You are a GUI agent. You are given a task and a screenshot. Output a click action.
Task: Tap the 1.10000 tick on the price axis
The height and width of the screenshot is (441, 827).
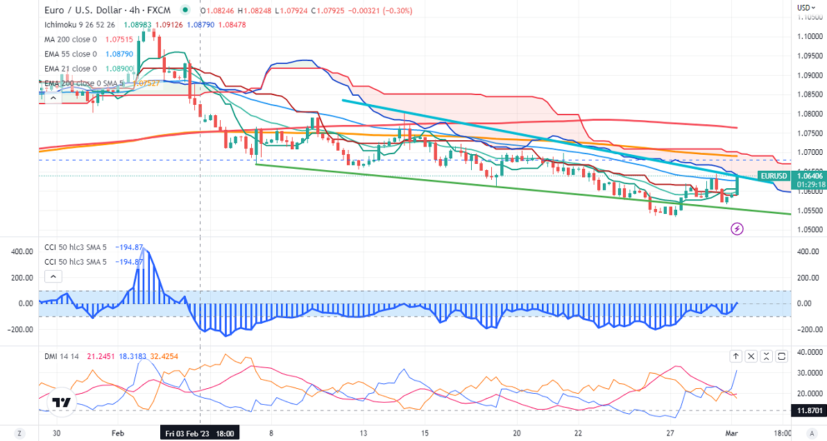tap(808, 36)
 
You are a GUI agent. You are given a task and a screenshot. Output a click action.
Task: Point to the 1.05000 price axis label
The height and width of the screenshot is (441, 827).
tap(808, 230)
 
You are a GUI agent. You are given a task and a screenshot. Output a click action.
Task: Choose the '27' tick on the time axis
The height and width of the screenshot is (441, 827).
tap(671, 433)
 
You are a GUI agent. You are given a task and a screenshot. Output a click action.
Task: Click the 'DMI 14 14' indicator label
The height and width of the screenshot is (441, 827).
tap(60, 356)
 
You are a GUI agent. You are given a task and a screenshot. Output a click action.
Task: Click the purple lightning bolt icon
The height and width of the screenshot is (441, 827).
tap(738, 228)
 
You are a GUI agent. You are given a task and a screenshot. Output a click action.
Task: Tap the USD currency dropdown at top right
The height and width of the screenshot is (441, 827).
tap(805, 8)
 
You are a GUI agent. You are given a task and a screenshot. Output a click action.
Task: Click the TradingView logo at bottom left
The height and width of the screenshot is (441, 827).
tap(62, 403)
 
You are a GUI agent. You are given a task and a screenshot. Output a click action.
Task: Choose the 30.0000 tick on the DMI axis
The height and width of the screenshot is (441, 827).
tap(808, 373)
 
